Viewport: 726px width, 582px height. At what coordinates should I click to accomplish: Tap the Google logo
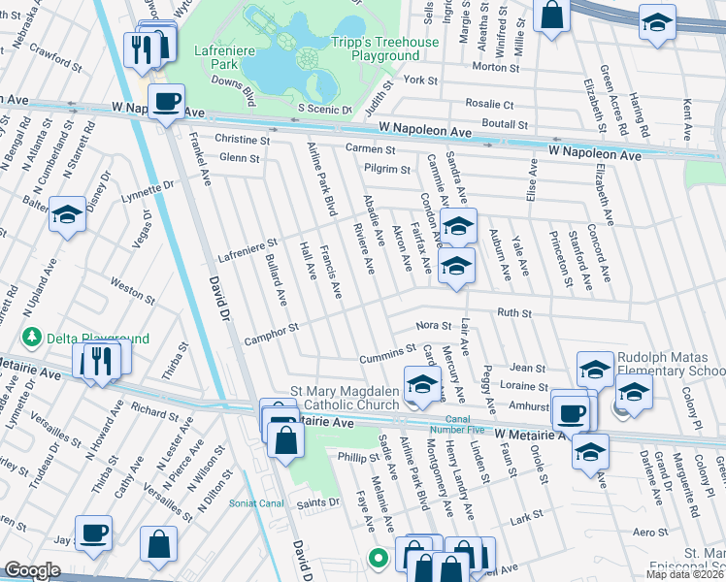tap(32, 570)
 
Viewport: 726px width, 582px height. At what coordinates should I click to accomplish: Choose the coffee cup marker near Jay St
tap(94, 533)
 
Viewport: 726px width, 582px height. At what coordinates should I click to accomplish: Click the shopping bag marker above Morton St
tap(551, 16)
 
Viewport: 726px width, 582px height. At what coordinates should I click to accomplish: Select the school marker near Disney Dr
tap(68, 215)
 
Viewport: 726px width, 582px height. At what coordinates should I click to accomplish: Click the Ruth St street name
tap(514, 313)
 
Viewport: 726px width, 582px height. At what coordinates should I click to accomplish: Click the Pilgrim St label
tap(387, 169)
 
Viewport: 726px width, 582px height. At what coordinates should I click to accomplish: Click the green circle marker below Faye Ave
tap(379, 558)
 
